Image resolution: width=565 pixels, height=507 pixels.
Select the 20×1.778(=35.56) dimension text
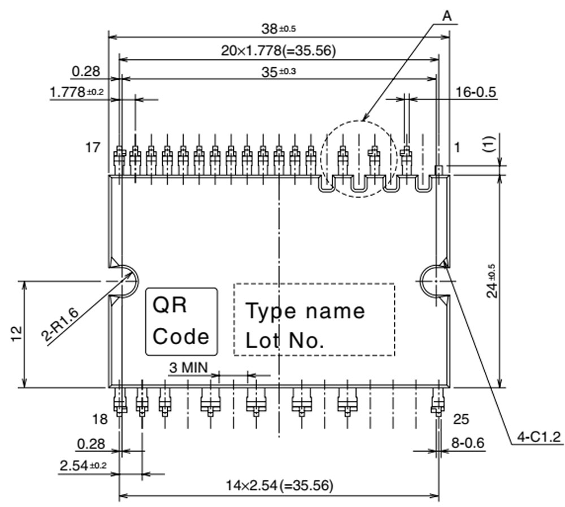[279, 51]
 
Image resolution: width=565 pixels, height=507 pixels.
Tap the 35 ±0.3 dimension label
[279, 72]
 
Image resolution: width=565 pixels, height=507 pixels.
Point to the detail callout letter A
[446, 16]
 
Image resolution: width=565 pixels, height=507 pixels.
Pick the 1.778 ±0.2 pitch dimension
[77, 92]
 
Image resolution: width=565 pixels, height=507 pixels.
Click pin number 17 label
[93, 148]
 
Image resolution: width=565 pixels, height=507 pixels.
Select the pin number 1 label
[457, 148]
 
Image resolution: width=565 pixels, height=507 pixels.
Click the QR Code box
[181, 321]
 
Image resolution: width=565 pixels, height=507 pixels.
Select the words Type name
[305, 311]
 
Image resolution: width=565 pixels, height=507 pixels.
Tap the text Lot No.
[285, 340]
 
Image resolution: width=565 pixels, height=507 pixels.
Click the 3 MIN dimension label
[188, 368]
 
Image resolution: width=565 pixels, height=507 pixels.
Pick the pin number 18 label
[100, 419]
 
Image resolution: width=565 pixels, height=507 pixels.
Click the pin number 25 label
[461, 419]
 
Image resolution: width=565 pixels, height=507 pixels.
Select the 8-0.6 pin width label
[468, 443]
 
